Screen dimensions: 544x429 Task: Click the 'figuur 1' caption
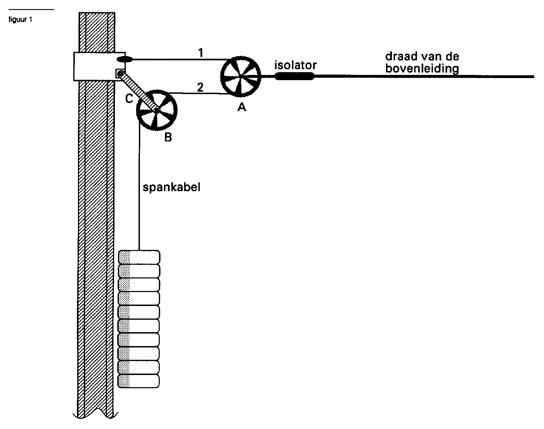pyautogui.click(x=20, y=20)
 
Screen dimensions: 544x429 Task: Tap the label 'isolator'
pyautogui.click(x=295, y=65)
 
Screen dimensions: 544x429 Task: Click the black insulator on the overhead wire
pyautogui.click(x=294, y=76)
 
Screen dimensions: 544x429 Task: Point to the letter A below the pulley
pyautogui.click(x=242, y=107)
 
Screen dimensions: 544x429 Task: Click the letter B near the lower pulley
pyautogui.click(x=168, y=137)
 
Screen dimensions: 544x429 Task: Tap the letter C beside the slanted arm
pyautogui.click(x=129, y=99)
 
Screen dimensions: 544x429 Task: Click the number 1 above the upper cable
pyautogui.click(x=201, y=53)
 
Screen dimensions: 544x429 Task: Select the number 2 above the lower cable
pyautogui.click(x=200, y=87)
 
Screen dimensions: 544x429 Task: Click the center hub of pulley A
pyautogui.click(x=241, y=76)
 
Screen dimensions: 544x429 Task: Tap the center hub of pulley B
pyautogui.click(x=157, y=110)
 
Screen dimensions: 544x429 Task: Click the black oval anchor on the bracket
pyautogui.click(x=125, y=60)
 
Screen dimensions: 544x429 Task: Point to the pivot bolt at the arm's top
pyautogui.click(x=120, y=74)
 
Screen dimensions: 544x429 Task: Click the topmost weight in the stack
pyautogui.click(x=139, y=257)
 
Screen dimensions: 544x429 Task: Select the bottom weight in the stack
pyautogui.click(x=139, y=381)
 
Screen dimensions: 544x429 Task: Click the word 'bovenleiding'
pyautogui.click(x=422, y=69)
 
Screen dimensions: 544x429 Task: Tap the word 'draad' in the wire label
pyautogui.click(x=403, y=56)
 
